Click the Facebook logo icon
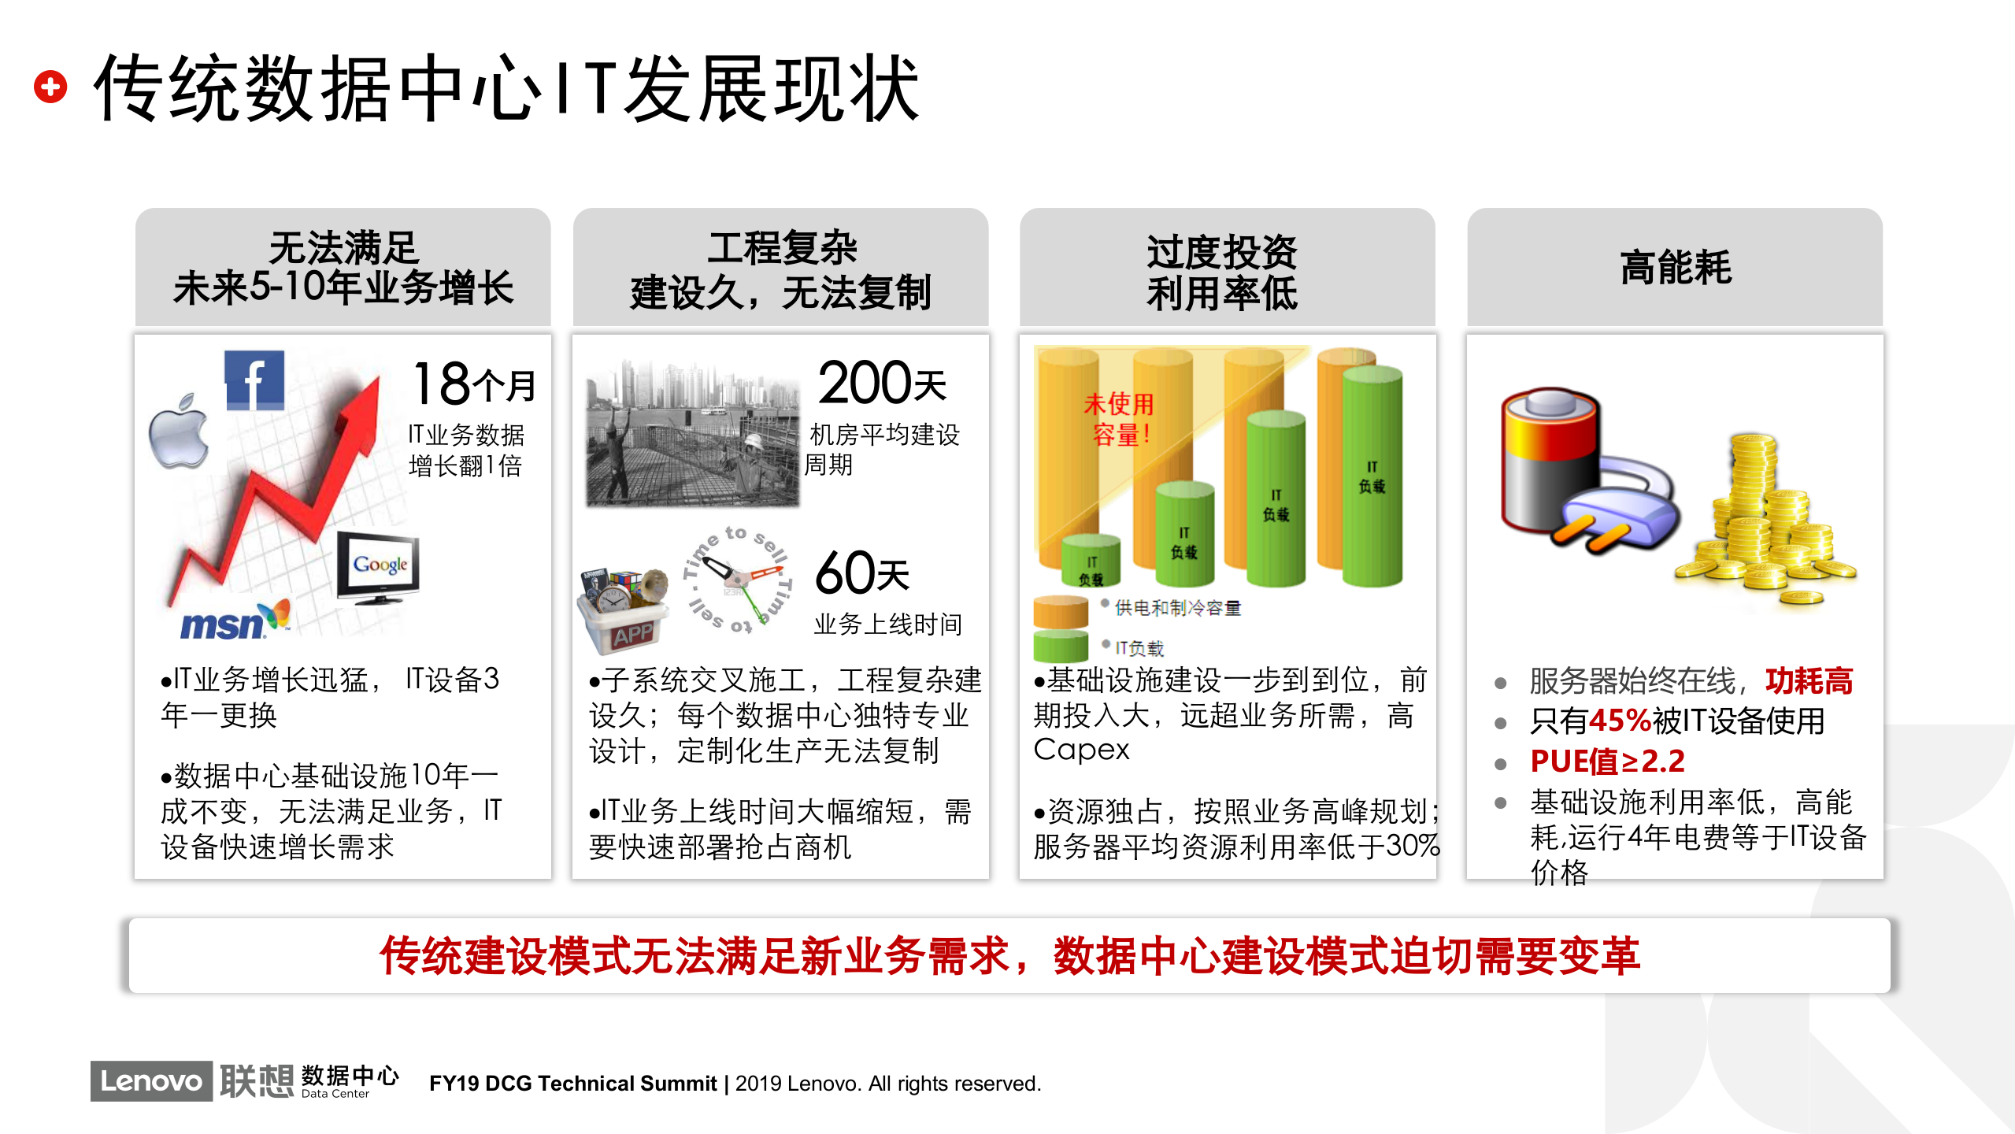click(x=254, y=381)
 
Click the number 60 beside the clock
click(x=844, y=573)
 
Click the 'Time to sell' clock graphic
click(x=737, y=580)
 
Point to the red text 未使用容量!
click(x=1119, y=419)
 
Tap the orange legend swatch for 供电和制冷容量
click(x=1060, y=612)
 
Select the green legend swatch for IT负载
click(x=1060, y=647)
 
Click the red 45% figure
click(x=1620, y=721)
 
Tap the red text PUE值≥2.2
click(x=1606, y=762)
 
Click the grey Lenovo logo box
click(x=151, y=1080)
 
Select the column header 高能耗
click(x=1675, y=268)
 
